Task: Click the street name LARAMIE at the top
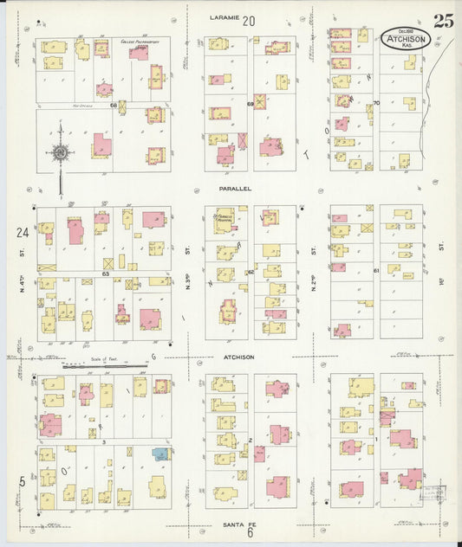[x=224, y=18]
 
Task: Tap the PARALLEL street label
[x=235, y=187]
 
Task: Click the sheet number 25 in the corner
[x=443, y=22]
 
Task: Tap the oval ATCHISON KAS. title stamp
[x=404, y=38]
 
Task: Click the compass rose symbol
[x=61, y=154]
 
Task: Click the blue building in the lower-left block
[x=160, y=453]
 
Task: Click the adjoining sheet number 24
[x=20, y=232]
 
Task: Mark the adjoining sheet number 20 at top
[x=250, y=20]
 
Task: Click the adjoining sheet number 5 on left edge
[x=22, y=481]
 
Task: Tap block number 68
[x=114, y=106]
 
